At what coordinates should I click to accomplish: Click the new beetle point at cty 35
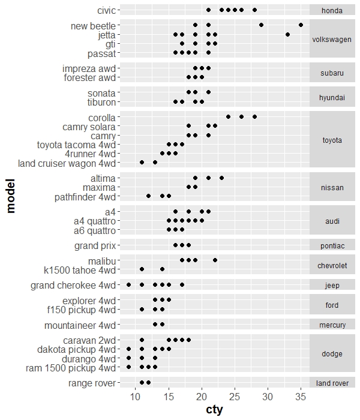click(301, 25)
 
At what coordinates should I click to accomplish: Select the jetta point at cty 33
click(287, 35)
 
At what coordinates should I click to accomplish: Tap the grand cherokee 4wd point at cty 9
click(128, 285)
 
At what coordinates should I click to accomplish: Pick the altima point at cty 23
click(221, 178)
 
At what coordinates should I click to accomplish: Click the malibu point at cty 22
click(215, 260)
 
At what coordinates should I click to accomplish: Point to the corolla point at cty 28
click(254, 117)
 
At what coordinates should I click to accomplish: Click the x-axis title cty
click(214, 410)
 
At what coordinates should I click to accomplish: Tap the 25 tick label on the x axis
click(235, 397)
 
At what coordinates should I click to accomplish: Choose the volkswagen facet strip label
click(332, 40)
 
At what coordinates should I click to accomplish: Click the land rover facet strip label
click(332, 383)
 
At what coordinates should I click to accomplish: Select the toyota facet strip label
click(332, 140)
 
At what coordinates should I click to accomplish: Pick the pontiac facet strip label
click(332, 246)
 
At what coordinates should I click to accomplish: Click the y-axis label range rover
click(92, 383)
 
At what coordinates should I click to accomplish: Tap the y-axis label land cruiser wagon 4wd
click(67, 163)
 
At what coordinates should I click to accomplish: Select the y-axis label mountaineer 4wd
click(80, 325)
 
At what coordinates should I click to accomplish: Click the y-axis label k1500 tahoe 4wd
click(79, 270)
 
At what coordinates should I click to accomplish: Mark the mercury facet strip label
click(332, 325)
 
